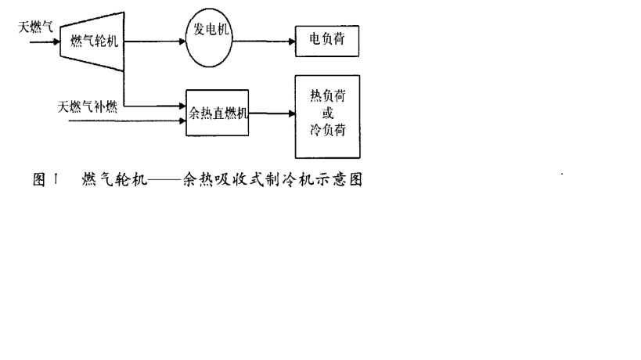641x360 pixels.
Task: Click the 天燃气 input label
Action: [x=37, y=27]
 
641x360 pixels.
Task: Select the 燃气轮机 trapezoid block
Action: [x=91, y=41]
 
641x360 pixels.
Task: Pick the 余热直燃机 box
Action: [x=218, y=113]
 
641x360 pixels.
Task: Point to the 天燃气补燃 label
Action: [x=88, y=106]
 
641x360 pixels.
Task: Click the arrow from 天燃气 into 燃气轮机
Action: [x=45, y=42]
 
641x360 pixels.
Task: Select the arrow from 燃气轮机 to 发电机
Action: [x=153, y=41]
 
